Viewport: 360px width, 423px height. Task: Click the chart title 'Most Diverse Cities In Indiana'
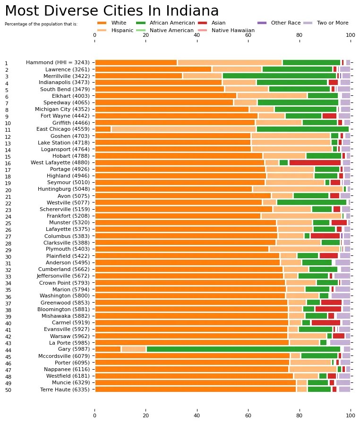(x=105, y=11)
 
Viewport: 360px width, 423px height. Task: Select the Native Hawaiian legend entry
(x=233, y=30)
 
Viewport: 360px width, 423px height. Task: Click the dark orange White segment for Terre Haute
(x=196, y=389)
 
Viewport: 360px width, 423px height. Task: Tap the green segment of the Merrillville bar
(x=279, y=76)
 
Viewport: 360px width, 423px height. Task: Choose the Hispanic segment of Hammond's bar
(x=230, y=62)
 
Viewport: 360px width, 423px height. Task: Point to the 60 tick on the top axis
(x=248, y=35)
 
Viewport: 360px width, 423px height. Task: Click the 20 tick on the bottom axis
(x=146, y=416)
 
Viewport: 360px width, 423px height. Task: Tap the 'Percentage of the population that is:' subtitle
(x=41, y=24)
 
